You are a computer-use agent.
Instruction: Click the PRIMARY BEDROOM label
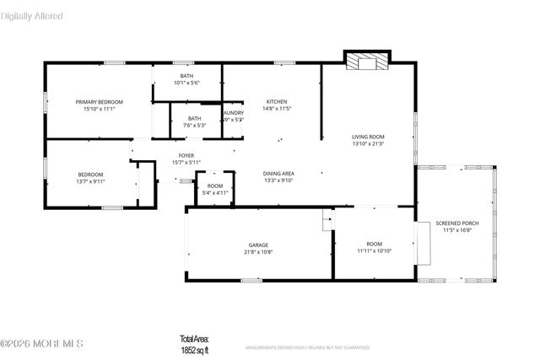click(99, 101)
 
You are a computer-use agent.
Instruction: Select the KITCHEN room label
click(277, 101)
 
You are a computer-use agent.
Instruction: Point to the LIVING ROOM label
click(368, 137)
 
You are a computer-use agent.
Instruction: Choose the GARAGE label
click(258, 244)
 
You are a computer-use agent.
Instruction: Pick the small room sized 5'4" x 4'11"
click(215, 189)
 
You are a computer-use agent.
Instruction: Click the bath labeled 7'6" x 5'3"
click(195, 121)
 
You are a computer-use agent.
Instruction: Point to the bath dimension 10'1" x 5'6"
click(186, 83)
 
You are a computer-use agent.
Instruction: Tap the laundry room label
click(234, 113)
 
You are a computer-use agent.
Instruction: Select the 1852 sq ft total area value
click(196, 348)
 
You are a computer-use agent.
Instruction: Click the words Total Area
click(196, 339)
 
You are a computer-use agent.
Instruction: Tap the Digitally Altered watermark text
click(32, 16)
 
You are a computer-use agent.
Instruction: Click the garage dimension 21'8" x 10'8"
click(258, 251)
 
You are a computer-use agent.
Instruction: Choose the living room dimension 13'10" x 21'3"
click(368, 143)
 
